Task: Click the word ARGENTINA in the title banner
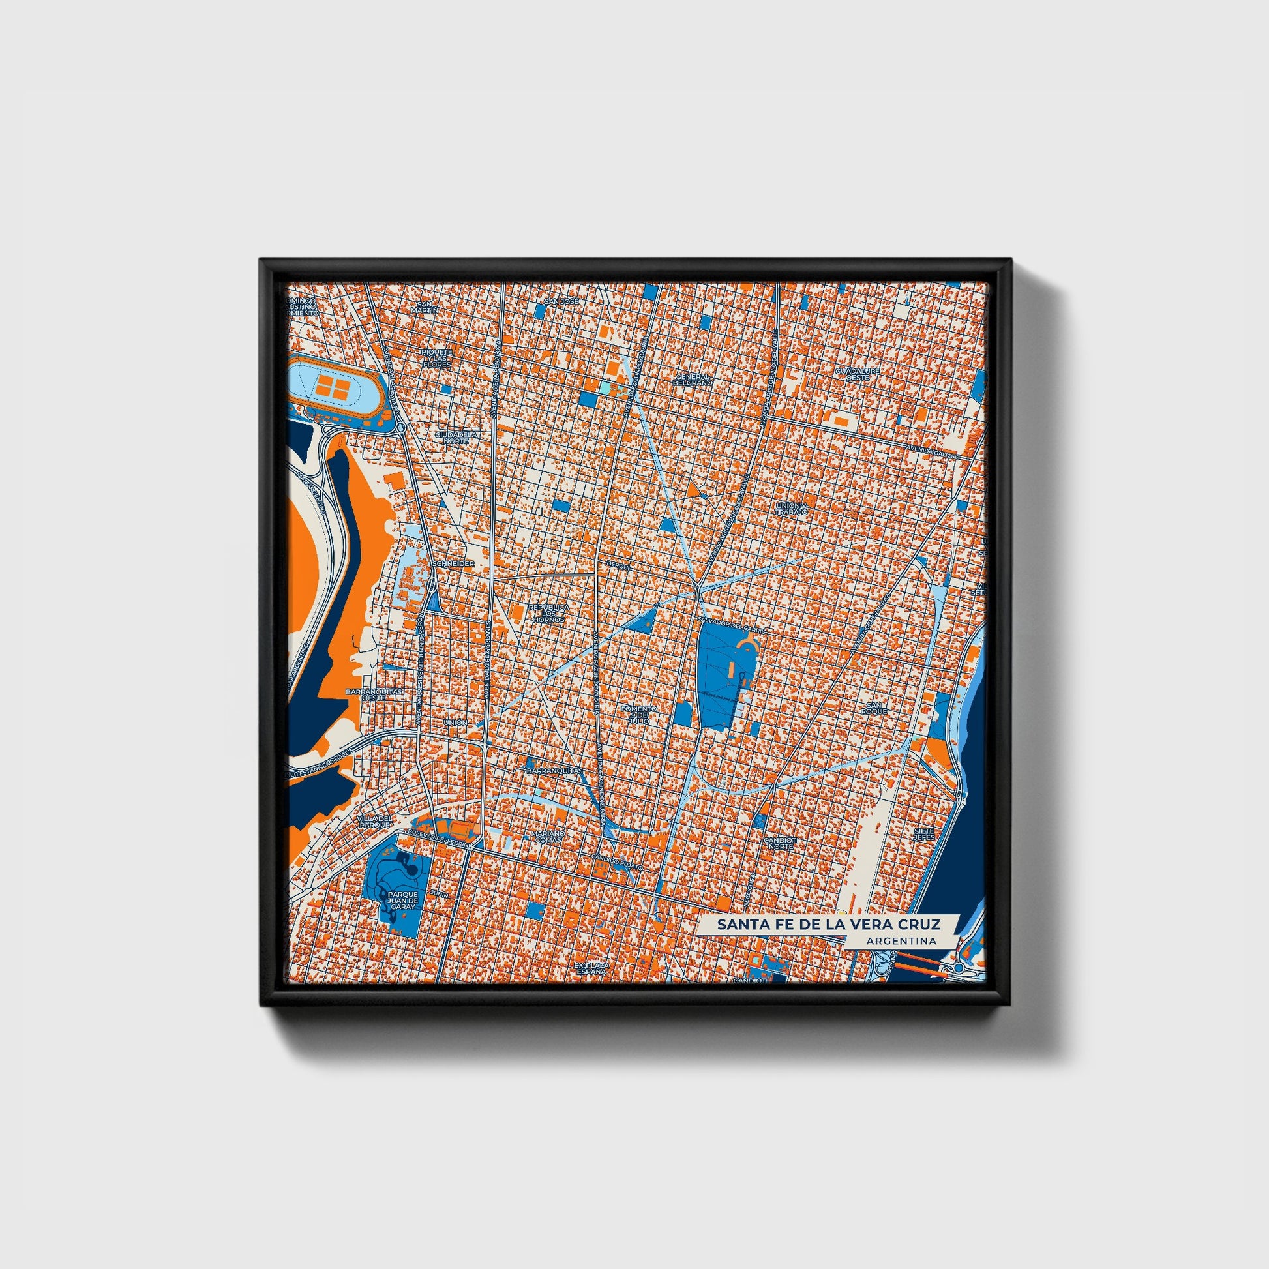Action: pyautogui.click(x=901, y=940)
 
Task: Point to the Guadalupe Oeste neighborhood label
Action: pyautogui.click(x=856, y=374)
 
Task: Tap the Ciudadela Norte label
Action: pyautogui.click(x=455, y=437)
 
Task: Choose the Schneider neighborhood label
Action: pyautogui.click(x=454, y=563)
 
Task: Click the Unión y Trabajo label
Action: pyautogui.click(x=790, y=508)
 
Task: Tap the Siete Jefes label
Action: pyautogui.click(x=923, y=833)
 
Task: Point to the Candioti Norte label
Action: pyautogui.click(x=780, y=843)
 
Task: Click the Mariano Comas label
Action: pyautogui.click(x=547, y=836)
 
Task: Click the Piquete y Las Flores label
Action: pyautogui.click(x=438, y=357)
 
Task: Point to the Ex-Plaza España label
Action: pyautogui.click(x=591, y=969)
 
